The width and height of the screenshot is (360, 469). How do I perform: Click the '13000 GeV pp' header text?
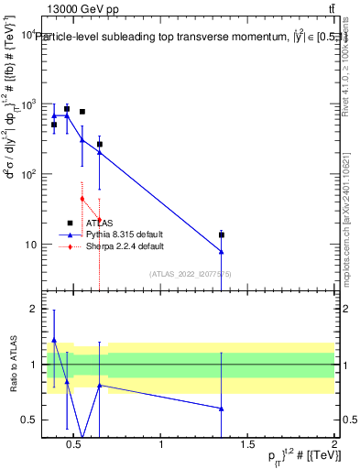(80, 8)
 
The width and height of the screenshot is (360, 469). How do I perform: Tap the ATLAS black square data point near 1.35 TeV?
(222, 235)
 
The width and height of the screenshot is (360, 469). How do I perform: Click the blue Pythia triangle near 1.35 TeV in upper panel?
(222, 252)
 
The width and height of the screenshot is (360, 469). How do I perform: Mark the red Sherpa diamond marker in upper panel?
(82, 199)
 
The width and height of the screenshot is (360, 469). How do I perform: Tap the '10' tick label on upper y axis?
(29, 245)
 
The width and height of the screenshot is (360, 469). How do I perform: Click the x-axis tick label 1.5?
(248, 445)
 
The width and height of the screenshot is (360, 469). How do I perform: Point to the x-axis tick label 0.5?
(76, 445)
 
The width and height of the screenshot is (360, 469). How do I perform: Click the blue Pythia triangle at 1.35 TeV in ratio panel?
(222, 409)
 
